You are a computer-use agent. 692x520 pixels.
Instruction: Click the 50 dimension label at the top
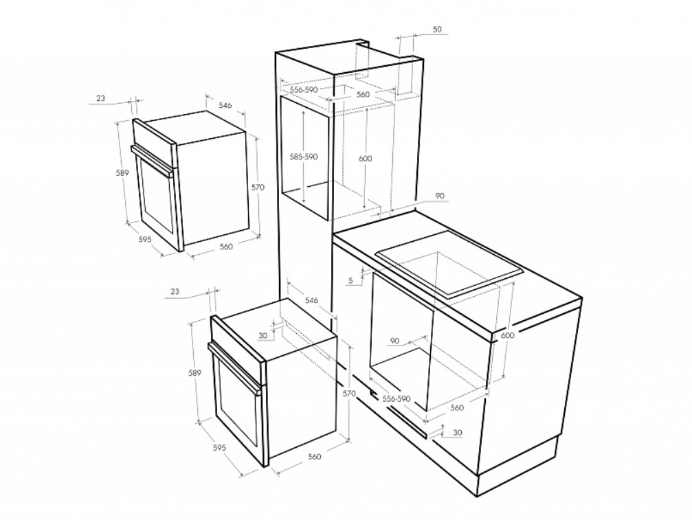pos(436,30)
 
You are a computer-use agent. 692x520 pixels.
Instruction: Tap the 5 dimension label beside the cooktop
pos(351,280)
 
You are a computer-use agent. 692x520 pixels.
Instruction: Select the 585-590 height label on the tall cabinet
pos(304,157)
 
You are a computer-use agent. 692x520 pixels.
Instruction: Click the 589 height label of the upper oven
pos(122,173)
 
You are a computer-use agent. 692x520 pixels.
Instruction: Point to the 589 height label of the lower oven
pos(194,373)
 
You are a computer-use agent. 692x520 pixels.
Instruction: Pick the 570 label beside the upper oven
pos(258,187)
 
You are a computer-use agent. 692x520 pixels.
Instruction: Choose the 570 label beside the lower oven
pos(349,394)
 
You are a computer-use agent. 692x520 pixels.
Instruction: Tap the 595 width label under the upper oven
pos(145,239)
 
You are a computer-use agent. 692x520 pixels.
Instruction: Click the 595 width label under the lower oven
pos(219,447)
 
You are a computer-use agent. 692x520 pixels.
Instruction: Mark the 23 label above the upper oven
pos(100,98)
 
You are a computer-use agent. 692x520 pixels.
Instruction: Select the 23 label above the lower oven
pos(175,291)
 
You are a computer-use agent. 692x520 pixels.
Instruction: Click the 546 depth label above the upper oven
pos(225,105)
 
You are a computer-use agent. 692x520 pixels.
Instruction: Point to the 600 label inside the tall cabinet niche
pos(366,159)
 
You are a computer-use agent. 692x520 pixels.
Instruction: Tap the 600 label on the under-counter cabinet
pos(508,335)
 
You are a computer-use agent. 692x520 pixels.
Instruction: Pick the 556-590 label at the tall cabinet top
pos(304,89)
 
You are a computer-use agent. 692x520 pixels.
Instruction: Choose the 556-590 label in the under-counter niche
pos(397,398)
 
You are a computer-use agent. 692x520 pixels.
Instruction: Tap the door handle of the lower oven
pos(234,367)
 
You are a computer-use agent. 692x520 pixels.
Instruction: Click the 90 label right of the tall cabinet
pos(440,196)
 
